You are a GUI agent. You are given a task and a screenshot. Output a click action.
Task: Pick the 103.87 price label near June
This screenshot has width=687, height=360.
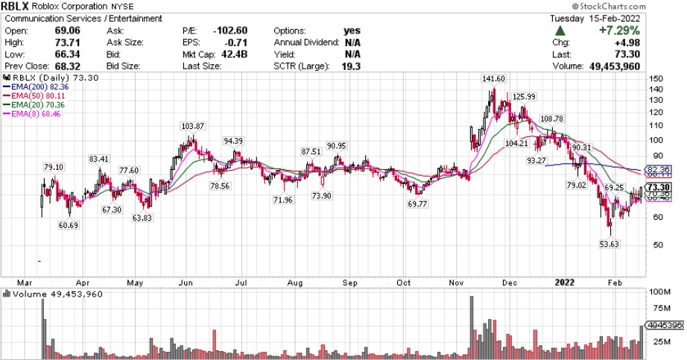191,127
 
